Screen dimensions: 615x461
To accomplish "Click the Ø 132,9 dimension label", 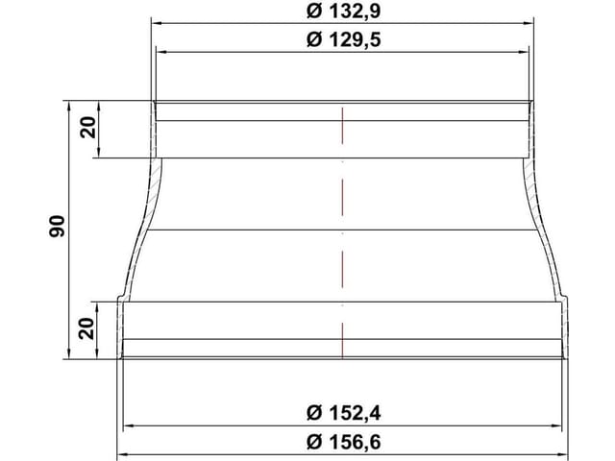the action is pos(343,12).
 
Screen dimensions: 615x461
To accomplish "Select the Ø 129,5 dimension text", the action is pos(343,40).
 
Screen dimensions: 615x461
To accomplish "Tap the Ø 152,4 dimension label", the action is pos(343,413).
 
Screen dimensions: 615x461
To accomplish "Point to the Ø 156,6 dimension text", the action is pos(343,442).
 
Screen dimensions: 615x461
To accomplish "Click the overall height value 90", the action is pos(58,226).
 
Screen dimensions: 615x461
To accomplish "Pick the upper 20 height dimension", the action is pos(87,128).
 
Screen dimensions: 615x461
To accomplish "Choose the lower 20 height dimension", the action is pos(86,328).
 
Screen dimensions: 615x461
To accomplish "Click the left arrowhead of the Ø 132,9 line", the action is pos(157,23).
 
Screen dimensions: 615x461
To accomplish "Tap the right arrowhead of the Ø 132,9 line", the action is pos(529,23).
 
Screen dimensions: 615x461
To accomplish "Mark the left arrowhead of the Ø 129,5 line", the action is pos(161,52).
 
